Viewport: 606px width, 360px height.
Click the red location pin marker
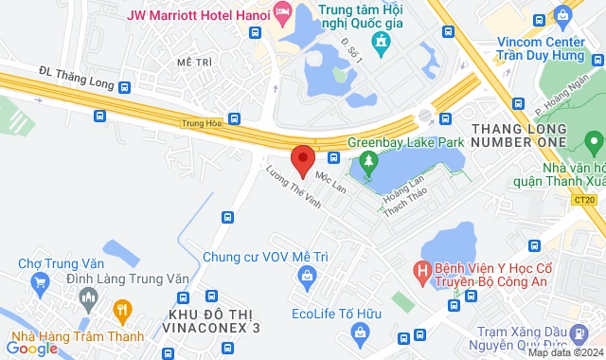[x=302, y=160]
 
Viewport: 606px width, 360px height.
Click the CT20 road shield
[x=584, y=199]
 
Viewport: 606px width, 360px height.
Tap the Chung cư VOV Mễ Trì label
[x=260, y=256]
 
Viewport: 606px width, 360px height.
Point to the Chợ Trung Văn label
[x=62, y=262]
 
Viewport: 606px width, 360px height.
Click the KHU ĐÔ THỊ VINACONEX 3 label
[x=214, y=322]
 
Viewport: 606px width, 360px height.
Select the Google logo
[x=31, y=348]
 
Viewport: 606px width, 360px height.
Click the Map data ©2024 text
[x=565, y=353]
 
